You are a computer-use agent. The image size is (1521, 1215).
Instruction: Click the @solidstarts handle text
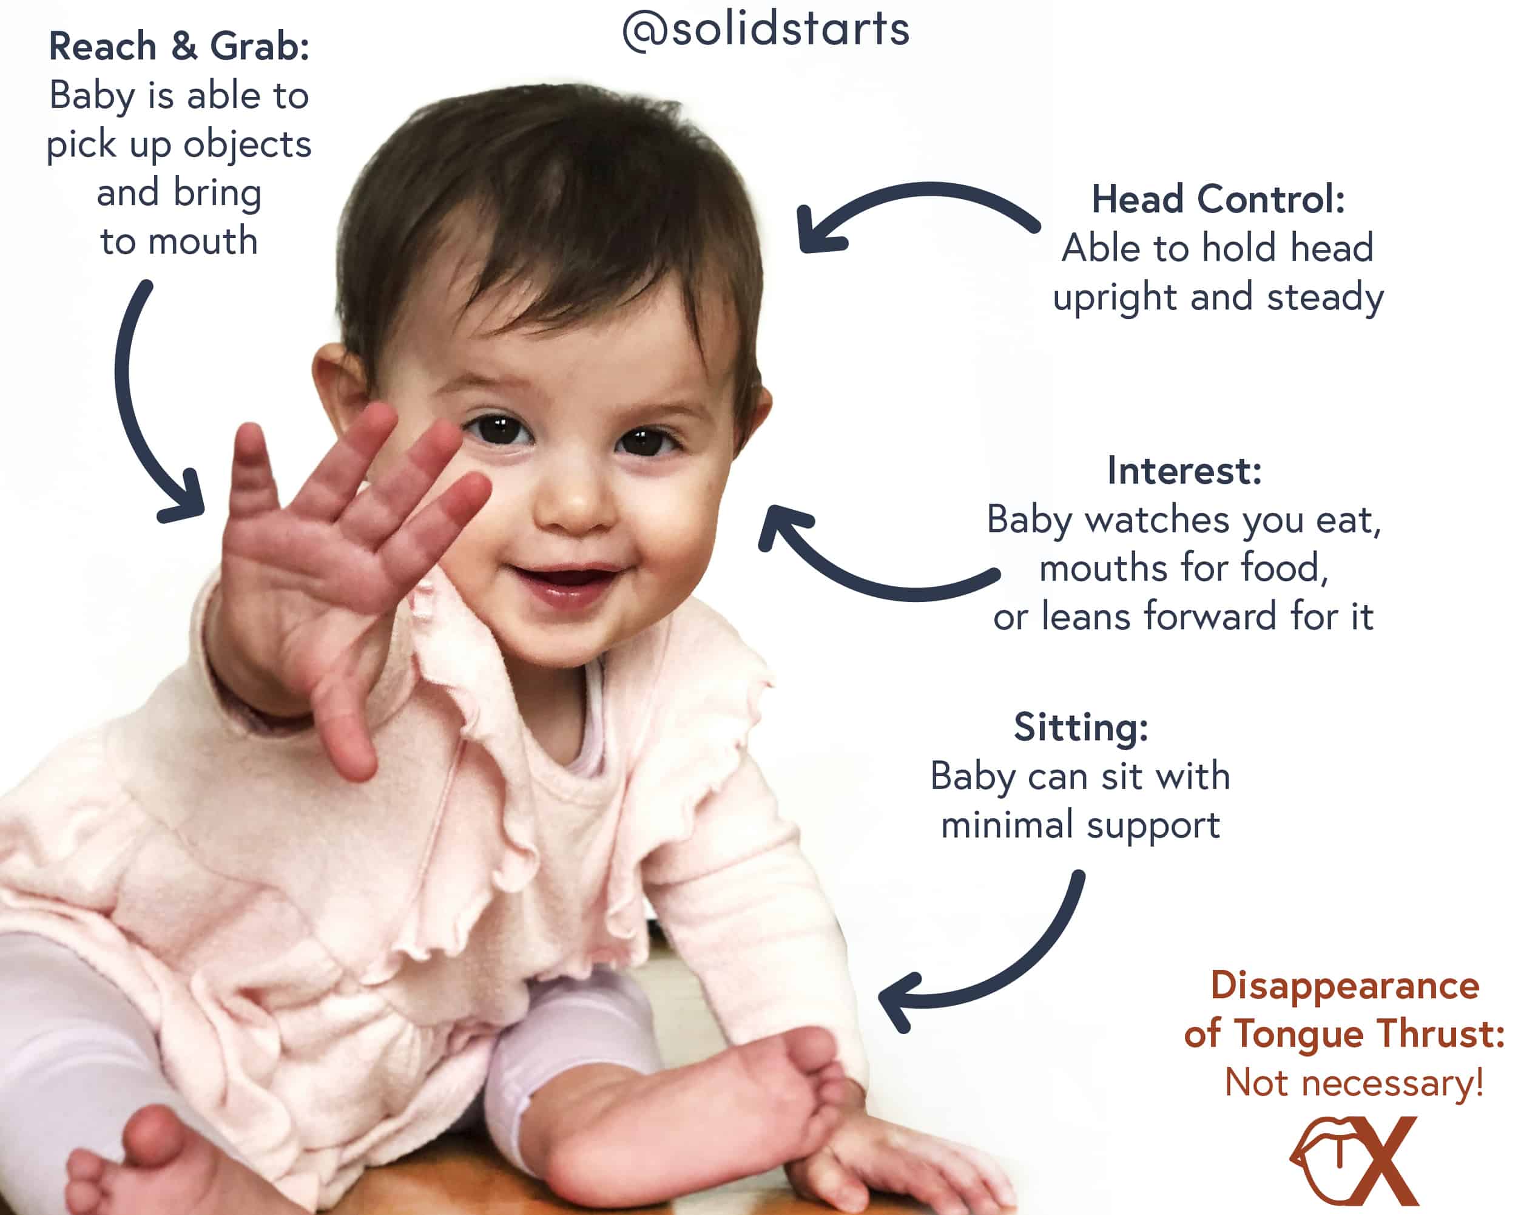point(766,30)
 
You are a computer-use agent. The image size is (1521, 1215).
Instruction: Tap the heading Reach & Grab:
point(179,47)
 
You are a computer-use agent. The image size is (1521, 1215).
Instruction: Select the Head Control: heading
point(1218,199)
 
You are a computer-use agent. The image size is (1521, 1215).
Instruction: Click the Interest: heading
point(1184,470)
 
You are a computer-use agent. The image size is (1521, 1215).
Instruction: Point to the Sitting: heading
point(1081,728)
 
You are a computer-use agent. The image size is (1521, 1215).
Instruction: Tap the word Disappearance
point(1344,986)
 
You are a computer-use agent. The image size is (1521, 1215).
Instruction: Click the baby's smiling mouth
point(564,583)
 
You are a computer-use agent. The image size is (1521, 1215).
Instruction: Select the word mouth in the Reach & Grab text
point(203,242)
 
